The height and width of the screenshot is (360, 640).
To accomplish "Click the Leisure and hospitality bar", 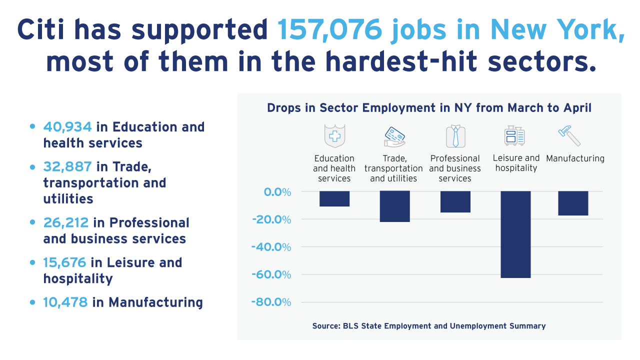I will coord(515,234).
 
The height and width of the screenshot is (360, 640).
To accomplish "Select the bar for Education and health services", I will coord(334,198).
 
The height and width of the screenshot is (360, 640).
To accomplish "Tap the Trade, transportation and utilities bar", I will coord(394,206).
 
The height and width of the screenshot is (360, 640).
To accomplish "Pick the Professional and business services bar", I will coord(455,201).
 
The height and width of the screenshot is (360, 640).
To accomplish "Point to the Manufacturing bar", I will coord(573,203).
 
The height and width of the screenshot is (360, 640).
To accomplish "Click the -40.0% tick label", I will coord(272,247).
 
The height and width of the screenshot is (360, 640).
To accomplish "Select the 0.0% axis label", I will coord(275,192).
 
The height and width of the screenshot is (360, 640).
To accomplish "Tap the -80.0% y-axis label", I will coord(272,302).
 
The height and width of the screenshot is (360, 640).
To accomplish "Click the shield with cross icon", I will coord(334,136).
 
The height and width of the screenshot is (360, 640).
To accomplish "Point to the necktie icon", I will coord(455,136).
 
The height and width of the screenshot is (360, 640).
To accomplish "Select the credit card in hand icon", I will coord(394,136).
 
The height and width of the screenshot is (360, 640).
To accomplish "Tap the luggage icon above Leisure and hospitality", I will coord(514,135).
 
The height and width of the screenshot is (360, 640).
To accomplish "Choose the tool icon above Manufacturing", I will coord(569,135).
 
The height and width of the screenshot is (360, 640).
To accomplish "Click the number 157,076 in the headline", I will coord(330,30).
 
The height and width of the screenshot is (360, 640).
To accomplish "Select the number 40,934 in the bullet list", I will coord(67,127).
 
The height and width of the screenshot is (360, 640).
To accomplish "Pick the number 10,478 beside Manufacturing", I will coord(65,302).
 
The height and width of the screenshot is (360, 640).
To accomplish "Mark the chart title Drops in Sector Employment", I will coord(429,108).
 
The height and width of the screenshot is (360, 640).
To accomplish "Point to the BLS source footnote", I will coord(428,326).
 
